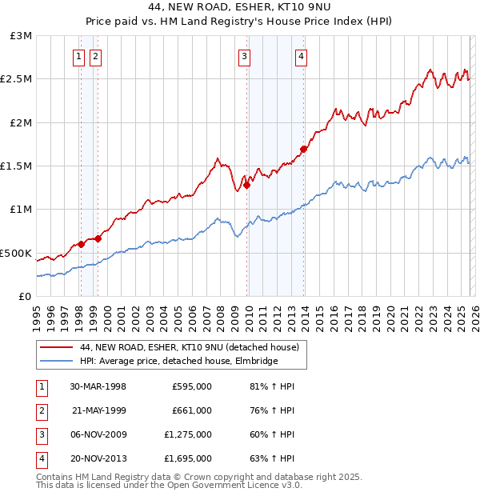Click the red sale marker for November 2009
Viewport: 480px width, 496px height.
point(246,185)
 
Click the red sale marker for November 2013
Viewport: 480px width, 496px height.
point(304,149)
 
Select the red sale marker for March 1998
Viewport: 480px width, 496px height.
point(81,244)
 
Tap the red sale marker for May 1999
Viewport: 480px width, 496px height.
point(98,238)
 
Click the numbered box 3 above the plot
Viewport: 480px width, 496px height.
point(243,56)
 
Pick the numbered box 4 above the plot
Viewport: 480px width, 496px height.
point(301,56)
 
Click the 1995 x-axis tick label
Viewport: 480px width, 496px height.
point(37,315)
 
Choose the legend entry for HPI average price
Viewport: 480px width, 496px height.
point(178,361)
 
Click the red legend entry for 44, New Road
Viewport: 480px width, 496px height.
point(189,347)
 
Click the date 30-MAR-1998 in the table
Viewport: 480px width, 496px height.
point(98,386)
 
